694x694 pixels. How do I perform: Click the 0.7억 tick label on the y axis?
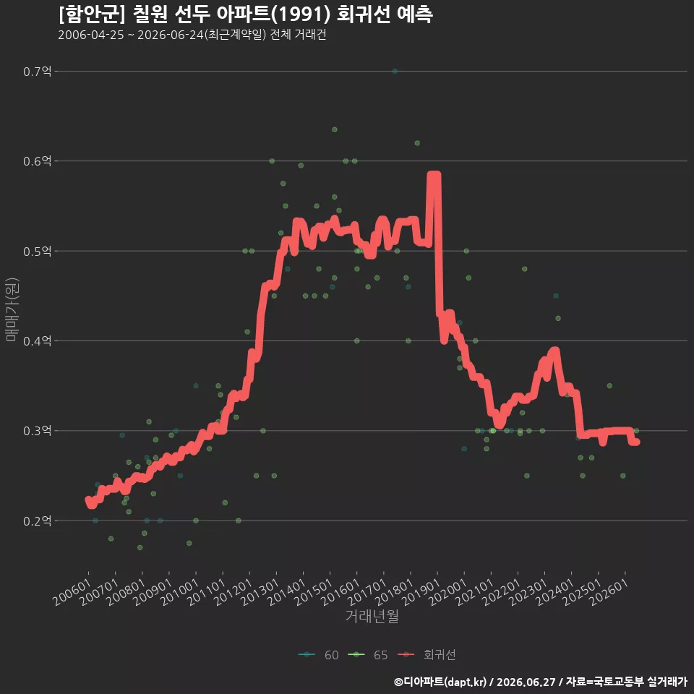click(x=37, y=72)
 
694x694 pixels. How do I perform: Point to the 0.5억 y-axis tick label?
click(x=37, y=252)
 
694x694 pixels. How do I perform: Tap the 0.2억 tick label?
click(x=37, y=521)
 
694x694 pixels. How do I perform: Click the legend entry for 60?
click(x=319, y=655)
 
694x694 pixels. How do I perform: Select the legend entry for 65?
click(x=368, y=655)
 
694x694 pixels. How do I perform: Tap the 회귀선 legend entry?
click(x=427, y=655)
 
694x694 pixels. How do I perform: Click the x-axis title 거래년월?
click(x=372, y=616)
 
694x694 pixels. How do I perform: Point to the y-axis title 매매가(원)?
click(x=12, y=310)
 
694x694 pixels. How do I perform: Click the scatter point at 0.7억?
click(x=395, y=72)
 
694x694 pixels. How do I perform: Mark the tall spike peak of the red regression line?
click(x=434, y=174)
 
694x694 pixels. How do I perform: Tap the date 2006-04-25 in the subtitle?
click(x=91, y=35)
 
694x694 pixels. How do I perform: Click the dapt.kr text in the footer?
click(x=465, y=682)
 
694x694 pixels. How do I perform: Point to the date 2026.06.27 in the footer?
click(x=526, y=682)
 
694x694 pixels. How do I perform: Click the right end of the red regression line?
click(x=637, y=442)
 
